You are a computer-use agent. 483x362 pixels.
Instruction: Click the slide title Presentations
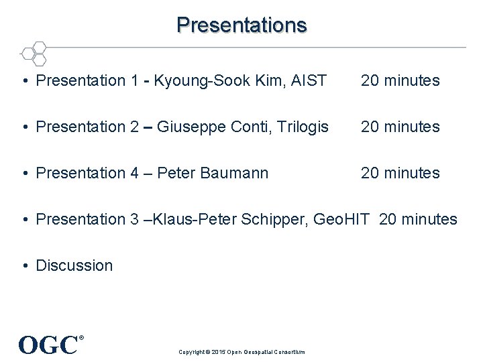pos(241,25)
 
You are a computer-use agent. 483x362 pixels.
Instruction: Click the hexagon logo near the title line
pos(33,52)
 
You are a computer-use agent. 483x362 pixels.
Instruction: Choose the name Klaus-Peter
pos(194,219)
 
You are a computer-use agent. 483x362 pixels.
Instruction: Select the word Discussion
pos(74,265)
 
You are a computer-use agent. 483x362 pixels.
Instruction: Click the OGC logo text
pos(48,345)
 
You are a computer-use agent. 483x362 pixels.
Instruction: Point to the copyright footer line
pos(241,352)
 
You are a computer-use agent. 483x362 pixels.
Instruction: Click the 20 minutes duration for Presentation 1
pos(400,81)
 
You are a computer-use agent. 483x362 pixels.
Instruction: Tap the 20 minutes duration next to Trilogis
pos(400,127)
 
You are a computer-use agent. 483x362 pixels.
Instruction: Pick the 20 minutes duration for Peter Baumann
pos(400,173)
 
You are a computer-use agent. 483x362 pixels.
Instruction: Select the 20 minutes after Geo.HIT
pos(418,219)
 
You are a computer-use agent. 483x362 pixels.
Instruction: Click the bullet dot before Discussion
pos(24,266)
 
